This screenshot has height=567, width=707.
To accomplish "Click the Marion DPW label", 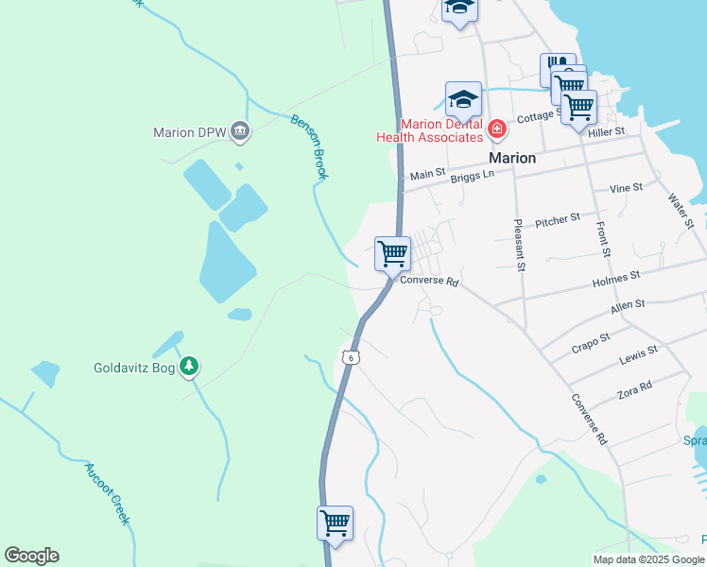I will tap(189, 132).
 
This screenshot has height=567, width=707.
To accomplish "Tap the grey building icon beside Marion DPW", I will tap(240, 131).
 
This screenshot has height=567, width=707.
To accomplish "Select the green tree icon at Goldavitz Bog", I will tap(190, 366).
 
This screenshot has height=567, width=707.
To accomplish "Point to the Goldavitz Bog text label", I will tap(134, 368).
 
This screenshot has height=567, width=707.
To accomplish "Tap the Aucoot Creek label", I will tap(106, 493).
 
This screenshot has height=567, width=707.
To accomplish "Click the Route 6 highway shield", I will tap(351, 357).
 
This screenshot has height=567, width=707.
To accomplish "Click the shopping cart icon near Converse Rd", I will tap(392, 253).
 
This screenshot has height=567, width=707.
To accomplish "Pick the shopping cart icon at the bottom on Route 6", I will tap(335, 522).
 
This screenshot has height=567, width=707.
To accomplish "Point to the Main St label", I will tap(428, 174).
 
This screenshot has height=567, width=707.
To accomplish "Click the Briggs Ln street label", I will tap(473, 175).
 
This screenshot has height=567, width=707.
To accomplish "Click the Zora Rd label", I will tap(633, 387).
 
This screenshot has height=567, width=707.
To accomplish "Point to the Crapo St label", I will tap(591, 341).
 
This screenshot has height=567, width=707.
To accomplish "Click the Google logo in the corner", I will tap(31, 556).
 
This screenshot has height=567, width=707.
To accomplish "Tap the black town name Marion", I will tap(512, 158).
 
